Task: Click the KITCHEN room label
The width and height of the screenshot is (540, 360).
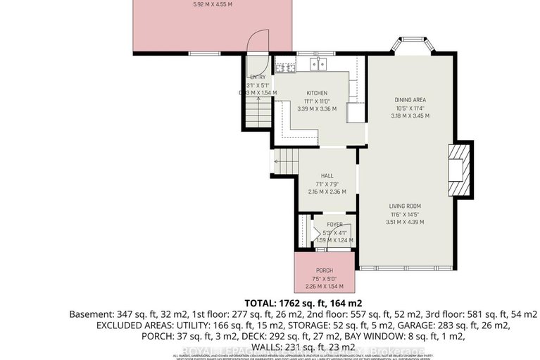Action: pyautogui.click(x=317, y=93)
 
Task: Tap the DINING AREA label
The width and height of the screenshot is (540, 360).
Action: pyautogui.click(x=410, y=99)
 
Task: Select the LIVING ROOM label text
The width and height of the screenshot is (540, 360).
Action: pyautogui.click(x=408, y=206)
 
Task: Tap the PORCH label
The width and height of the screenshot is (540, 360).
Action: pyautogui.click(x=324, y=270)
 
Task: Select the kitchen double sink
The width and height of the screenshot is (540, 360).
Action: pyautogui.click(x=319, y=66)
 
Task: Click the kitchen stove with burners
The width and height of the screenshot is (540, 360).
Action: pyautogui.click(x=285, y=68)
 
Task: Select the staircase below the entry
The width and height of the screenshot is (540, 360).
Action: pyautogui.click(x=258, y=113)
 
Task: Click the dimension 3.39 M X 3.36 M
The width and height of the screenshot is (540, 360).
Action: pyautogui.click(x=317, y=109)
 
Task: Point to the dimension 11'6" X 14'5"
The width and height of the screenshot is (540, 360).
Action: pyautogui.click(x=408, y=213)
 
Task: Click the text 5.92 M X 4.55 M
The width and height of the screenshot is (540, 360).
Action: pyautogui.click(x=212, y=5)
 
